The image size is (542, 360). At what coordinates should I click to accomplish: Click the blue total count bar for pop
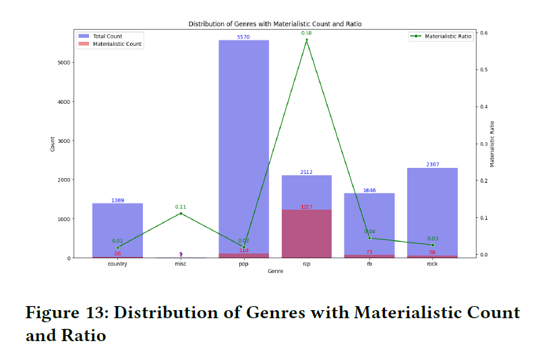point(243,148)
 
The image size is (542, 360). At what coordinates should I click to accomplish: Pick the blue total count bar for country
point(117,230)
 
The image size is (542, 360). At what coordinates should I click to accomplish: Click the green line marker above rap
point(307,40)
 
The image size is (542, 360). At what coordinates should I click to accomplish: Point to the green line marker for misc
point(181,214)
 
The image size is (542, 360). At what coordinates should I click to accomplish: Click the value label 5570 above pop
point(243,37)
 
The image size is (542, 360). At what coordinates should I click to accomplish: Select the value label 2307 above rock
point(433,164)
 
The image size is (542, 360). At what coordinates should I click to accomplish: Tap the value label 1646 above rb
point(369,190)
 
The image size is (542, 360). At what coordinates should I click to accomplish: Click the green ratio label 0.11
point(181,207)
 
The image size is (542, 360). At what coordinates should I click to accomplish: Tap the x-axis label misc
point(181,264)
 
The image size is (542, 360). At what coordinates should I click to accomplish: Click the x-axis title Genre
point(275,271)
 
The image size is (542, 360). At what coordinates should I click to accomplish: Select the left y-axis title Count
point(53,144)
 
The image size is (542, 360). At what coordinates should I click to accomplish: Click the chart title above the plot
point(275,24)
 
